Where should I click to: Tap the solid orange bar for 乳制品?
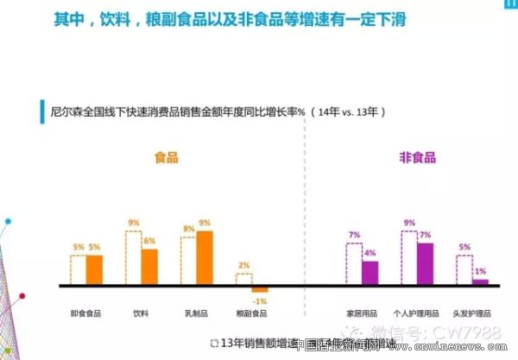click(205, 257)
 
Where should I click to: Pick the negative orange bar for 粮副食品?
click(260, 288)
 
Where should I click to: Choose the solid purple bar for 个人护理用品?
click(425, 263)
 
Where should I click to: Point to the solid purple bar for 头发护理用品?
click(480, 281)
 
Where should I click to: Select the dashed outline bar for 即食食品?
click(78, 269)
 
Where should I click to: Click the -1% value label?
click(260, 300)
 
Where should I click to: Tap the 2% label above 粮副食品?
click(243, 265)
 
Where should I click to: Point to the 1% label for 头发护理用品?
click(480, 272)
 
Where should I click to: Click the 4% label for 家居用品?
click(370, 254)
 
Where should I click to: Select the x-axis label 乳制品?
click(196, 313)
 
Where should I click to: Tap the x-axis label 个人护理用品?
click(417, 313)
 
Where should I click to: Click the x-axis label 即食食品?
click(85, 313)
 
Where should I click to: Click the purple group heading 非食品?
click(417, 158)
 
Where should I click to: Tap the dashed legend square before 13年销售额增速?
click(213, 344)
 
